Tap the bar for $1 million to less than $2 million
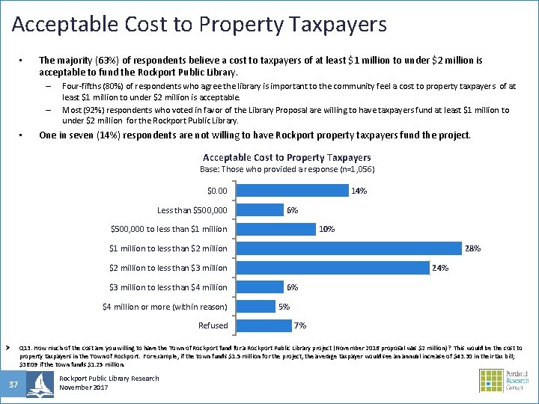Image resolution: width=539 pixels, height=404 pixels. click(x=349, y=248)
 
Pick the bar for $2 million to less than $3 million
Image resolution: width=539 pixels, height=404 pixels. click(x=332, y=268)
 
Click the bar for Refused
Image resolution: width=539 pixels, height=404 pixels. click(x=264, y=325)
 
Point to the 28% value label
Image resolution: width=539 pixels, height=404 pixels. click(x=473, y=248)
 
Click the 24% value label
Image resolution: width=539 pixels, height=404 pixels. click(x=440, y=268)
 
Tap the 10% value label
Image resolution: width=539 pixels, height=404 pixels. click(x=326, y=229)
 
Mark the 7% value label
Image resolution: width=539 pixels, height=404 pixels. click(x=300, y=325)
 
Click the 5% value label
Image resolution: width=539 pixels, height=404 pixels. click(x=284, y=306)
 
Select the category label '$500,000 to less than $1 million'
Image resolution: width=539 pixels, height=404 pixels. click(x=168, y=229)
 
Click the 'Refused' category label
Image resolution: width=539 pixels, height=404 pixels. click(x=213, y=325)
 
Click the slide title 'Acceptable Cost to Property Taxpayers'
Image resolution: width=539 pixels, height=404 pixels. click(x=199, y=25)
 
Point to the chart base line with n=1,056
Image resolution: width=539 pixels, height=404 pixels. click(x=287, y=170)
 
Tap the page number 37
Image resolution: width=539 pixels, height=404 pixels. click(x=13, y=384)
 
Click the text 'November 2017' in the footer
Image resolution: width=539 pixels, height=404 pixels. click(x=84, y=388)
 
